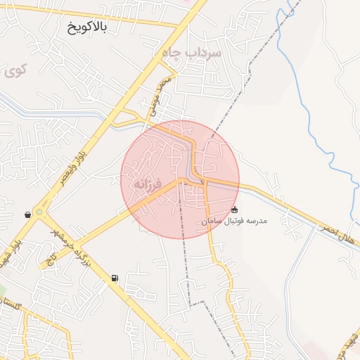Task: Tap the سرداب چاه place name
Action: click(x=191, y=53)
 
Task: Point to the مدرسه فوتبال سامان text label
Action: click(x=236, y=221)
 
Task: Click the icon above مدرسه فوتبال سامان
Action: click(x=234, y=210)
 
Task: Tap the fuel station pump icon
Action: click(x=114, y=278)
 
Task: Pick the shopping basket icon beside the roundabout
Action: click(x=27, y=214)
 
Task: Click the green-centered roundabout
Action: click(x=39, y=212)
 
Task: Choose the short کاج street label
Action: click(x=51, y=260)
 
